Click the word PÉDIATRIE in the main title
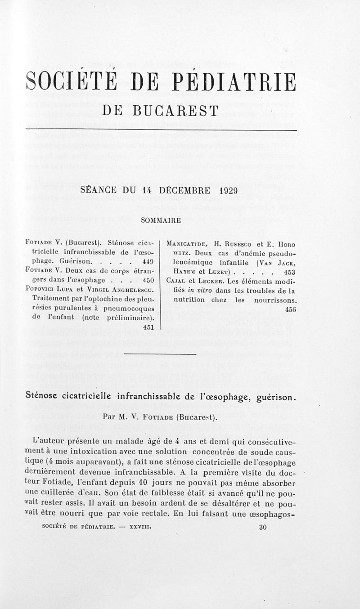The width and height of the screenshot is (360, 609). tap(236, 82)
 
